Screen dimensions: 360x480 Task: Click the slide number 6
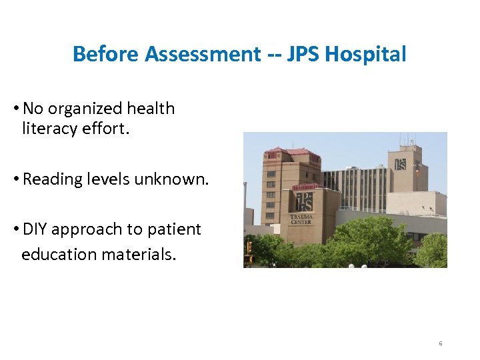click(x=441, y=343)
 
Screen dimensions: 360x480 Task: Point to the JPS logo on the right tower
click(x=400, y=164)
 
